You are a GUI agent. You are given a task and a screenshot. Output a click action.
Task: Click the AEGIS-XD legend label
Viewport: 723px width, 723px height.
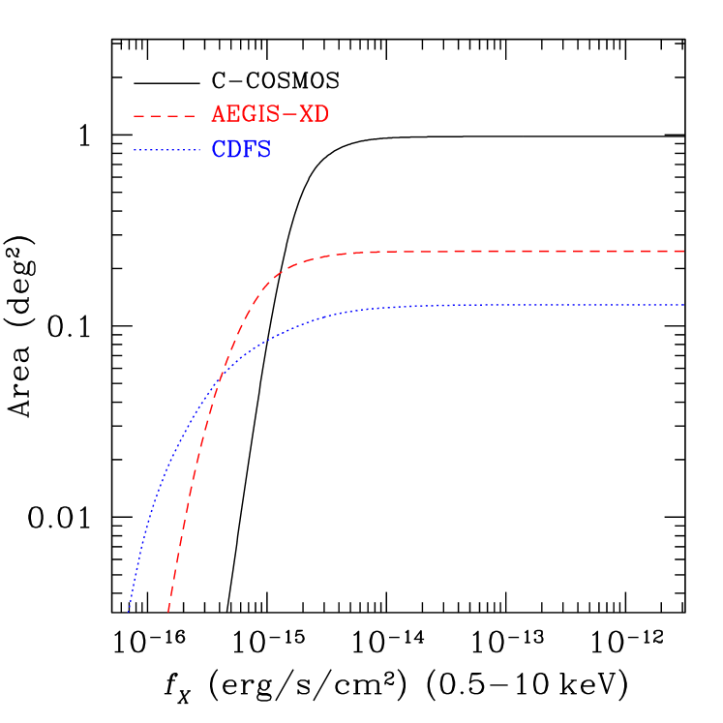pos(269,114)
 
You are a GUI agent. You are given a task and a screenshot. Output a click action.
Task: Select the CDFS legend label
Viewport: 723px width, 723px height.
pos(241,150)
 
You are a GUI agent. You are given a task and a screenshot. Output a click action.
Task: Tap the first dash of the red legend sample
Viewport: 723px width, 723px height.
pos(138,116)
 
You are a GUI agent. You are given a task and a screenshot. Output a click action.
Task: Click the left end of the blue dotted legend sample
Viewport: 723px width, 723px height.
pos(135,150)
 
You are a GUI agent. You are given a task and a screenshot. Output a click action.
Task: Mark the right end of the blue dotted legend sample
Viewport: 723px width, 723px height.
pos(199,150)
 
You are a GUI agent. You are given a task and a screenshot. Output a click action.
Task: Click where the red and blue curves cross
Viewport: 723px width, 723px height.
pos(218,384)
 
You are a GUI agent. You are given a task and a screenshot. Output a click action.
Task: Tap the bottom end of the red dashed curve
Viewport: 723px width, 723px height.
pos(168,612)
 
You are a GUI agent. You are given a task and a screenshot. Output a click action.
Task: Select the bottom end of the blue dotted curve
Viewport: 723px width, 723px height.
pos(129,612)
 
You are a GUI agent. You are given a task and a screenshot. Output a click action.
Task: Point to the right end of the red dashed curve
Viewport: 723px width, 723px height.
pos(684,251)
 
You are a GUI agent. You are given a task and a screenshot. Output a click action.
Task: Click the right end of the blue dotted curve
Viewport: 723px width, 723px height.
pos(684,305)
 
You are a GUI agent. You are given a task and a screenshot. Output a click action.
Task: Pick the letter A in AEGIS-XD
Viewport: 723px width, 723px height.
pos(219,114)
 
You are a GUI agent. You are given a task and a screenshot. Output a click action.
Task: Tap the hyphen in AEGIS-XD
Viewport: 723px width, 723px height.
pos(289,115)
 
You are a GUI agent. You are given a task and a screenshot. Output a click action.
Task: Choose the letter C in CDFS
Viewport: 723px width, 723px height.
pos(219,150)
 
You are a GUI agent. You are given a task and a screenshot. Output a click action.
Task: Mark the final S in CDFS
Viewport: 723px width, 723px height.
pos(264,150)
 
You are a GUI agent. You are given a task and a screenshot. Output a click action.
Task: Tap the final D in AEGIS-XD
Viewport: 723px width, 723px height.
pos(321,114)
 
